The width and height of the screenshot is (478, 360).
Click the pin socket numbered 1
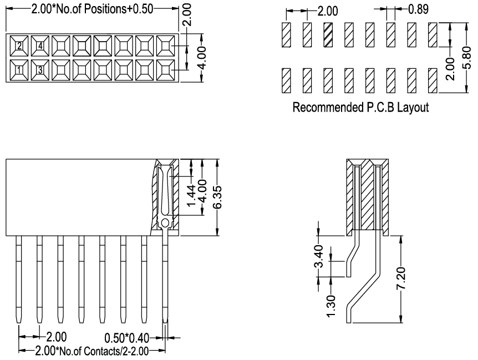tap(19, 70)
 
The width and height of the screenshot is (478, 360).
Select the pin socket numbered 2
tap(19, 46)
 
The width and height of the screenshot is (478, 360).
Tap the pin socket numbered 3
tap(40, 70)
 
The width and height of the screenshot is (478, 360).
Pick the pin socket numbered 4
tap(40, 46)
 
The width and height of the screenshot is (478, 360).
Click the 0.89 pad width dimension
tap(418, 9)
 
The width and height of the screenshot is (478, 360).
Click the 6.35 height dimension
tap(217, 197)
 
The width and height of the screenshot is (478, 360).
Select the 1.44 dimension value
tap(191, 195)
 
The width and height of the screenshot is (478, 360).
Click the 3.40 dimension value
tap(318, 256)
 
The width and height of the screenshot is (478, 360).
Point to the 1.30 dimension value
tap(330, 306)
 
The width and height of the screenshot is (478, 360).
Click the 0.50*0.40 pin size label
tap(126, 338)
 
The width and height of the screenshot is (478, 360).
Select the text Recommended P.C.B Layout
tap(360, 107)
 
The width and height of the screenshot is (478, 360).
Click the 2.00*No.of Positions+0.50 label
tap(92, 9)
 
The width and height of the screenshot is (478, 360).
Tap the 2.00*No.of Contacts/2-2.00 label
tap(92, 351)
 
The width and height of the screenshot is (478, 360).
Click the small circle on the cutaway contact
tap(165, 224)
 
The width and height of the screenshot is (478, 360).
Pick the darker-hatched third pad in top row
tap(328, 35)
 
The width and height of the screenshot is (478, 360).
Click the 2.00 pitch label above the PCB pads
tap(328, 11)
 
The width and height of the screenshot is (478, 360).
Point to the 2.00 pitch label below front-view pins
tap(57, 337)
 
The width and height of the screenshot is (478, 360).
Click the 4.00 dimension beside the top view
tap(202, 58)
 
